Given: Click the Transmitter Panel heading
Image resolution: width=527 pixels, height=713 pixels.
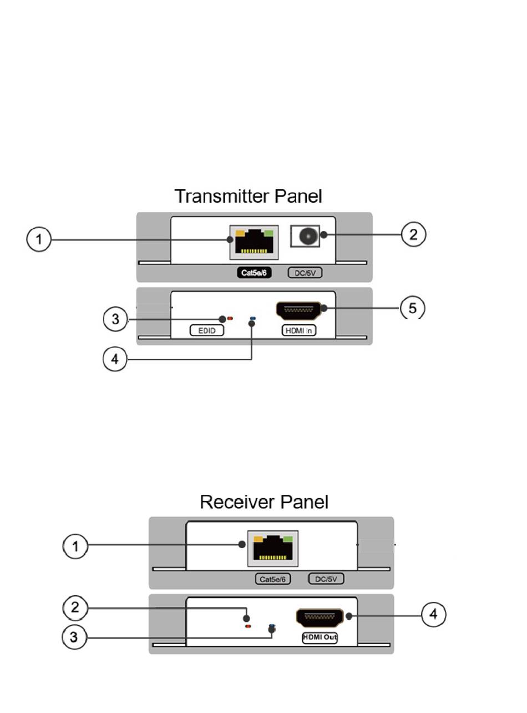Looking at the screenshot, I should (x=248, y=196).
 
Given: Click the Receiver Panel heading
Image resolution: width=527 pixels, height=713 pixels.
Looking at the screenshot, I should (x=264, y=502).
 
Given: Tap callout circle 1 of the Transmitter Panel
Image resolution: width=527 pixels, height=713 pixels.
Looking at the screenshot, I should (x=38, y=240).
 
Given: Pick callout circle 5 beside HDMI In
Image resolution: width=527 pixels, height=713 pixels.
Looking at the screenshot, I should (x=413, y=307).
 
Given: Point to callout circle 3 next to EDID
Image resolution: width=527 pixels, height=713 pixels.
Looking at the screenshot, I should (x=115, y=320).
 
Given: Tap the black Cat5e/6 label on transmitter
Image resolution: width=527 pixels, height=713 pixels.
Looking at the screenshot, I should (x=252, y=273).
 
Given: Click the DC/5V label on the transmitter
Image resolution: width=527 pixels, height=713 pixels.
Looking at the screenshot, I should (x=305, y=273).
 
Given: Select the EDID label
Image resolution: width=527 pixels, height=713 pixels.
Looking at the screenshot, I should (x=206, y=331).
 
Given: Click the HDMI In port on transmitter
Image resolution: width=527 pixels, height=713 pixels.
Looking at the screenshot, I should (x=299, y=309).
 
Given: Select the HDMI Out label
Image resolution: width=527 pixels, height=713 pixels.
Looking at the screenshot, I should (x=320, y=638).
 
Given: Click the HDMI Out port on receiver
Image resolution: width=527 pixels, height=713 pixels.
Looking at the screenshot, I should (x=320, y=617).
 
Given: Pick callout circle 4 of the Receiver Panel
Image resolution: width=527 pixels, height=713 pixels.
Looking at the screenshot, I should (x=434, y=615).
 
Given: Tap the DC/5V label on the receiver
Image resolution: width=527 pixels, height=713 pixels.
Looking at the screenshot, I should (x=326, y=579).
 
